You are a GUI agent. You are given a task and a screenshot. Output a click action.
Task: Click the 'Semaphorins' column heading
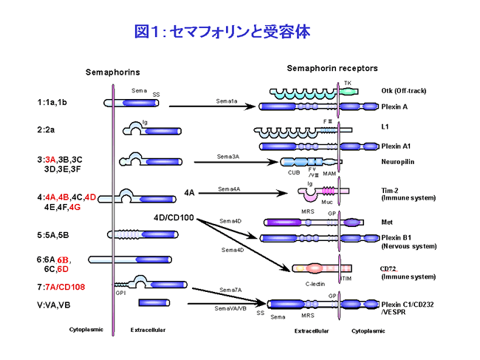[112, 72]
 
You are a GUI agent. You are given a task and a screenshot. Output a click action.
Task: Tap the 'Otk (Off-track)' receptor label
[404, 91]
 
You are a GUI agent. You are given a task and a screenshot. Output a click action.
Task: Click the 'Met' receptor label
[386, 221]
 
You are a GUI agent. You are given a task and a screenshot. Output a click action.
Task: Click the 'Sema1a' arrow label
[227, 101]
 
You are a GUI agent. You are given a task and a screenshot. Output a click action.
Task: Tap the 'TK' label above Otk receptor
[348, 82]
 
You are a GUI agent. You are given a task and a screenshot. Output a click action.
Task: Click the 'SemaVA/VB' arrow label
[231, 307]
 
